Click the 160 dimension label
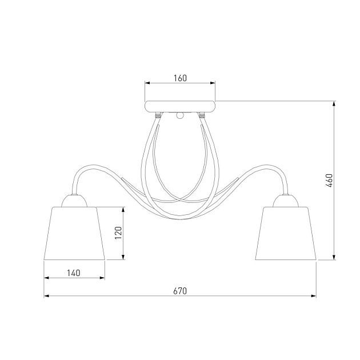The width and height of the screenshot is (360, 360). [180, 78]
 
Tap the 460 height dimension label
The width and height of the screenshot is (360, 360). [329, 181]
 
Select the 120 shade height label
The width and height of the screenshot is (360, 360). [118, 233]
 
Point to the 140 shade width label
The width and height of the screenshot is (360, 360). [74, 273]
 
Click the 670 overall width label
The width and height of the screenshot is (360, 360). [180, 291]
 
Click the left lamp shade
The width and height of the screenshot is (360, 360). [74, 233]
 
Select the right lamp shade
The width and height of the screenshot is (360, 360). [286, 233]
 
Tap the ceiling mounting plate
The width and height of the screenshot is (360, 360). [180, 106]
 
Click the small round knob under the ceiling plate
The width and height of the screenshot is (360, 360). [180, 115]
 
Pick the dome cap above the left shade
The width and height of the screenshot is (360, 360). [74, 201]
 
